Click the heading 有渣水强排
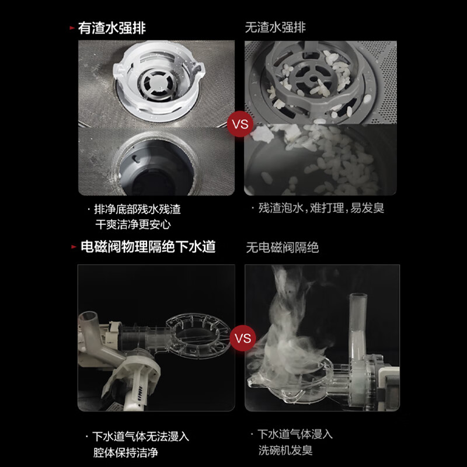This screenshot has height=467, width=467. click(111, 28)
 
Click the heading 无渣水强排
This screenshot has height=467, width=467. click(276, 28)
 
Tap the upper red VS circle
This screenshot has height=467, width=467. click(240, 124)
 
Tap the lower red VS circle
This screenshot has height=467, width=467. click(241, 338)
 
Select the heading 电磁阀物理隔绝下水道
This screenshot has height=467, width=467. click(147, 247)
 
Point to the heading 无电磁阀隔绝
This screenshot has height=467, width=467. click(282, 248)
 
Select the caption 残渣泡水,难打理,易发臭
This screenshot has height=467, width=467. click(321, 208)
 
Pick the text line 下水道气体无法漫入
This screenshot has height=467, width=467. click(141, 436)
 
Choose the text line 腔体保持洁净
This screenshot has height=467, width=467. click(125, 452)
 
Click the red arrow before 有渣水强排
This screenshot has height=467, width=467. click(71, 28)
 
